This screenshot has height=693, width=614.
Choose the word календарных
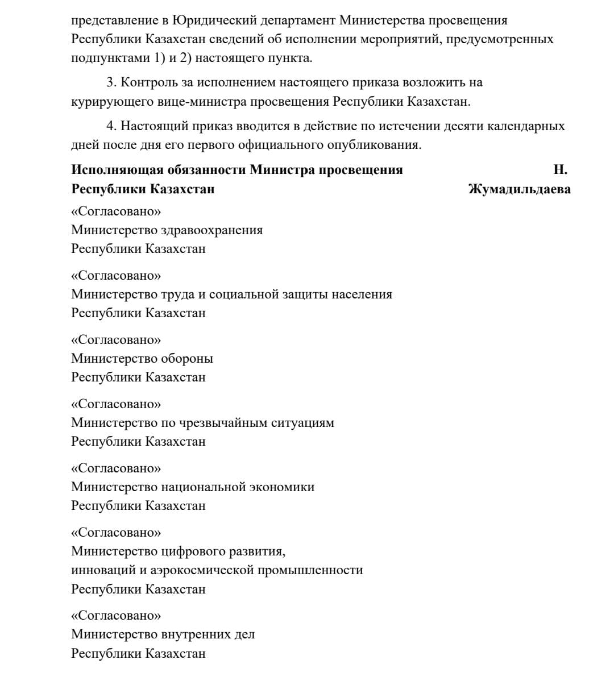528,126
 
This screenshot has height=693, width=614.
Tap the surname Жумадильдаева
519,189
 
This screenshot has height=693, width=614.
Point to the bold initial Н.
560,170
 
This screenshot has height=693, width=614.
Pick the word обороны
187,359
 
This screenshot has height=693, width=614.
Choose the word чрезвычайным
222,423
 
